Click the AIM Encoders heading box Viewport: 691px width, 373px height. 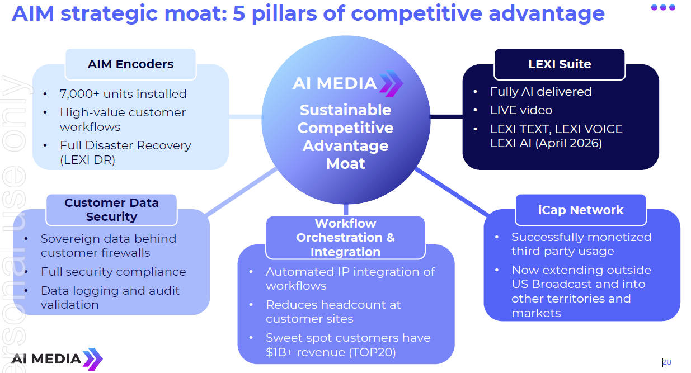(130, 64)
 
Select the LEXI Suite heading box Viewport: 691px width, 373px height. (560, 64)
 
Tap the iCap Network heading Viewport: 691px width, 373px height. (581, 210)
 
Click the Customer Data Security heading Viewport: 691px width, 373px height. (111, 210)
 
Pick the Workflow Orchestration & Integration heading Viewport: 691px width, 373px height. (345, 238)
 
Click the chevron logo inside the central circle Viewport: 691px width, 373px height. (391, 83)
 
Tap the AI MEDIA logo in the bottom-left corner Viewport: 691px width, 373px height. (57, 359)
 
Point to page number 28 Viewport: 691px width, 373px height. (667, 362)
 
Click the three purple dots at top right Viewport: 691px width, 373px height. (663, 7)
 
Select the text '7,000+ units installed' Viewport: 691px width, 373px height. (123, 94)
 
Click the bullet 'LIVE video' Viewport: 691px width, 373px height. (521, 110)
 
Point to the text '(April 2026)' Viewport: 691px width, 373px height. (568, 143)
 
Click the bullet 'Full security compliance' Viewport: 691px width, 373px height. (113, 272)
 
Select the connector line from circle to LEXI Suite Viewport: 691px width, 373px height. (446, 116)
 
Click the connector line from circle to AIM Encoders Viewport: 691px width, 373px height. (246, 116)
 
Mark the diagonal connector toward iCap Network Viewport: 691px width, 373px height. (452, 192)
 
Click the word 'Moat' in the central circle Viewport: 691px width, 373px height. (346, 163)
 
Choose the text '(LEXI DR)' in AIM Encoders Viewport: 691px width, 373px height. (87, 160)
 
